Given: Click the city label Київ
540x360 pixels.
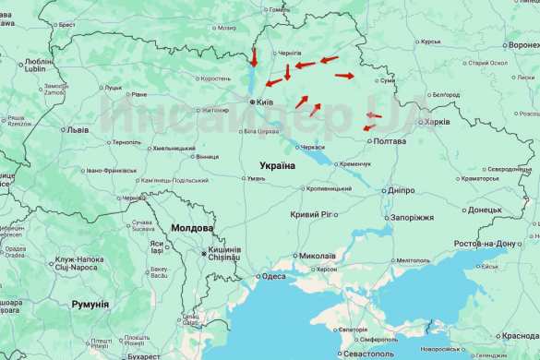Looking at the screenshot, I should click(x=264, y=102).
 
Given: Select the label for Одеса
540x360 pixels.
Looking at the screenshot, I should click(x=272, y=276).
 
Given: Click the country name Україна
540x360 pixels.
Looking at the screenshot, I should click(x=277, y=166).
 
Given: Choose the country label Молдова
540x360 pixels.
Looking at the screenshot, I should click(x=192, y=228).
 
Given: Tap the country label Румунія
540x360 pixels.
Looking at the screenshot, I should click(x=90, y=304).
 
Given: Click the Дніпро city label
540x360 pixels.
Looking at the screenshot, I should click(x=401, y=190).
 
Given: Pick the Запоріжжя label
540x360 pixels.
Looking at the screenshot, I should click(x=412, y=218).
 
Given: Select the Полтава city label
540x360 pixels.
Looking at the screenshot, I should click(x=389, y=141).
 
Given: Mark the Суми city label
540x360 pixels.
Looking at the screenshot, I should click(x=388, y=81).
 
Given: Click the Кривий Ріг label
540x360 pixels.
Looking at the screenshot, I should click(x=316, y=214).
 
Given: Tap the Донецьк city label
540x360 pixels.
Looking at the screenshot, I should click(x=485, y=210).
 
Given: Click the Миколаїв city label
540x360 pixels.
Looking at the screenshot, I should click(x=318, y=256).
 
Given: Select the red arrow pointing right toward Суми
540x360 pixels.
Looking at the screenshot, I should click(x=343, y=76).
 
